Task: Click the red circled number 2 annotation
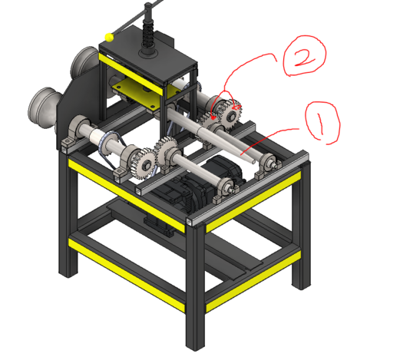click(303, 58)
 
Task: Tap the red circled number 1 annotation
click(322, 123)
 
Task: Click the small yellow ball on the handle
click(111, 36)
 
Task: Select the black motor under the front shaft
click(184, 192)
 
